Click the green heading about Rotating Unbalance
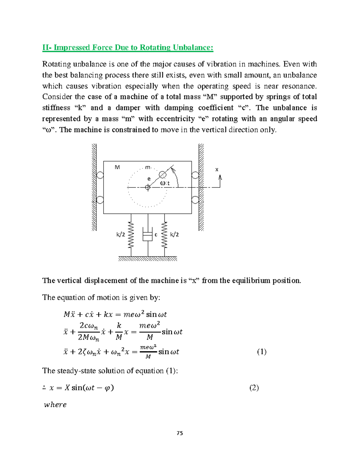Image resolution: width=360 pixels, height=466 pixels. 128,48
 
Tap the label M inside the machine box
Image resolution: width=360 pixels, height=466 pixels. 117,167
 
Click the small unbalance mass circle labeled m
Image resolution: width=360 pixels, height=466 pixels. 162,175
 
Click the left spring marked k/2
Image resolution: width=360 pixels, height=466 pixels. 131,235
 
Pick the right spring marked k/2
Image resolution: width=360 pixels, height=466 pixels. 164,235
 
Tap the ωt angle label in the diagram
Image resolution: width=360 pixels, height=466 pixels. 165,183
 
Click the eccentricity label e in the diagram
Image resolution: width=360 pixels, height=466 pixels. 149,179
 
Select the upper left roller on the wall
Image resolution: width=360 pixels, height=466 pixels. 100,175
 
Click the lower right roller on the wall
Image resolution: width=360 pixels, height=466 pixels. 195,200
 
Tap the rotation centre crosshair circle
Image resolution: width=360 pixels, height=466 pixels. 148,188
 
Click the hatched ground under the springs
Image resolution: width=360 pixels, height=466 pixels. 148,259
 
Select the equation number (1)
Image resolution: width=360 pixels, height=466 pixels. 262,352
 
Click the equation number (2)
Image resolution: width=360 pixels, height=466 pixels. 254,388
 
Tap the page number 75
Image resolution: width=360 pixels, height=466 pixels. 180,433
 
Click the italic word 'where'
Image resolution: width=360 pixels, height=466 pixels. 55,405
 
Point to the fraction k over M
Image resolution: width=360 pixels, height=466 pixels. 119,332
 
